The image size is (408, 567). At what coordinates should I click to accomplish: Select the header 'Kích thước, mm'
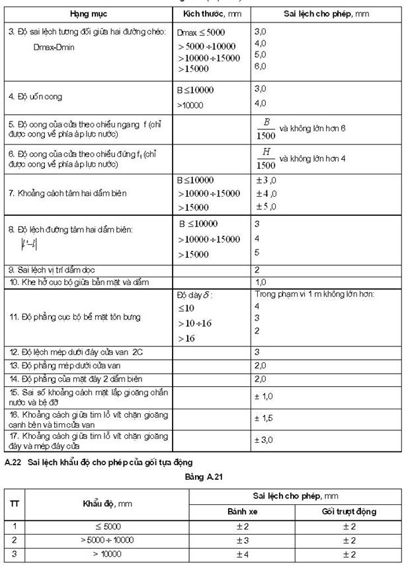pos(212,14)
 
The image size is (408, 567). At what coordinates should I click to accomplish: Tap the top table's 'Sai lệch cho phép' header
pos(311,14)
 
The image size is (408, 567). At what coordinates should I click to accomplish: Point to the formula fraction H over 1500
pos(266,158)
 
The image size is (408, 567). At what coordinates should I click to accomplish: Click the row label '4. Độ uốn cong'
pos(36,96)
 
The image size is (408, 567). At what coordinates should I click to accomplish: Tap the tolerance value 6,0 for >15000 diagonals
pos(260,66)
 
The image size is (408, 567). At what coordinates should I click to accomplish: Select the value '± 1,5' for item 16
pos(264,418)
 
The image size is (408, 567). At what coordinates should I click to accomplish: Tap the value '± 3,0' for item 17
pos(264,439)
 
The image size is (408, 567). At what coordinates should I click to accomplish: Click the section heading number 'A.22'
pos(13,462)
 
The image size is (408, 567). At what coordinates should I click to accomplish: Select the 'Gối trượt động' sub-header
pos(350,512)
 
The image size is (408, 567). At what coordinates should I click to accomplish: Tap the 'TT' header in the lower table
pos(14,503)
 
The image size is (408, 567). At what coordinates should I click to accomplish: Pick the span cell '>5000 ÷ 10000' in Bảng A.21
pos(107,540)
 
